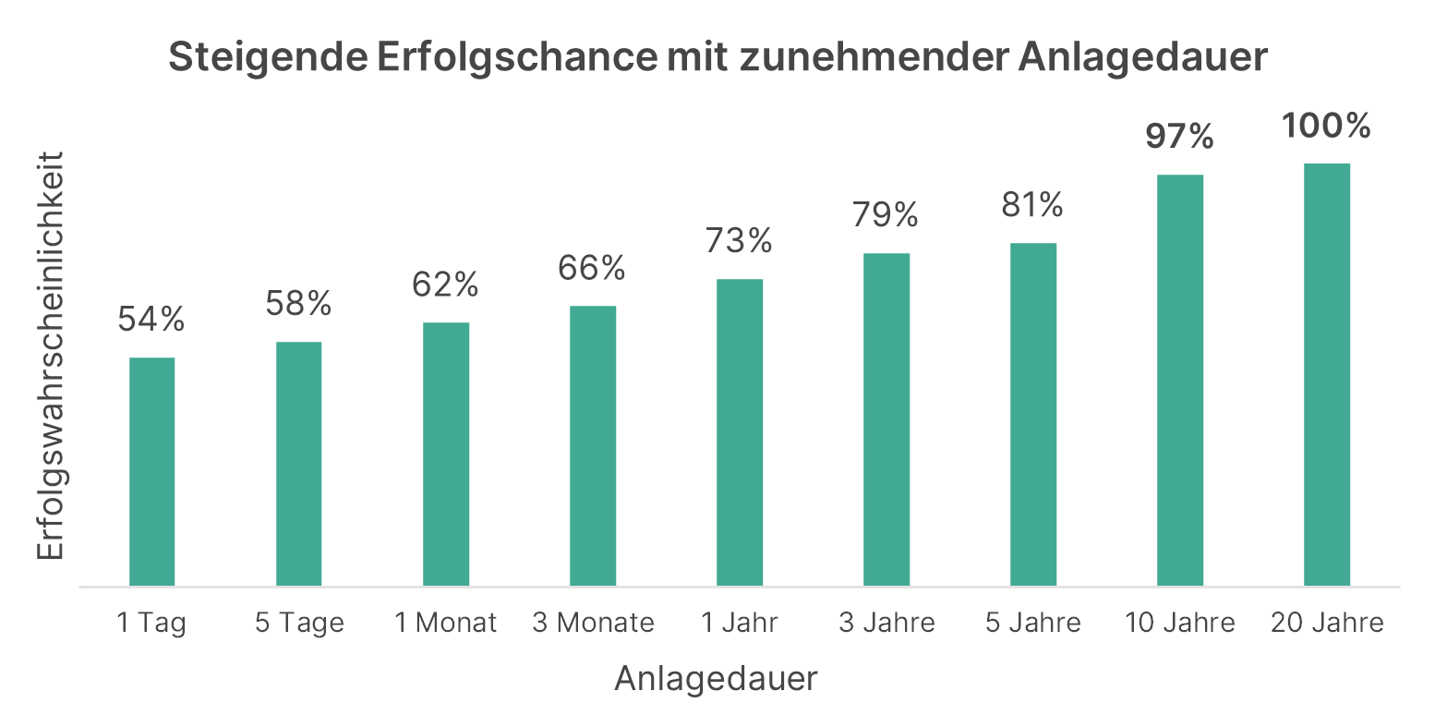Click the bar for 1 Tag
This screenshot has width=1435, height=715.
[152, 471]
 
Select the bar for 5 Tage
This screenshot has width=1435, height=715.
[299, 464]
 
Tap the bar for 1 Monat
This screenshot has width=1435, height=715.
[446, 454]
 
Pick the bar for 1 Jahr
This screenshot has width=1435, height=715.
[740, 432]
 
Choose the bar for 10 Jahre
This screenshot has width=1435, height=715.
[1180, 380]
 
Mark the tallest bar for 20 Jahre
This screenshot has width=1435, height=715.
[1327, 374]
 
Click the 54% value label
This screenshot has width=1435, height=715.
[152, 321]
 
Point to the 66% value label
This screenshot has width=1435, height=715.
[593, 269]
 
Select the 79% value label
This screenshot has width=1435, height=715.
[886, 216]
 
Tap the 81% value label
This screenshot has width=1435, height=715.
[1033, 206]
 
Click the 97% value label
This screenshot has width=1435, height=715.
[1180, 138]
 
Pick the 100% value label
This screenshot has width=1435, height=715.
[1327, 127]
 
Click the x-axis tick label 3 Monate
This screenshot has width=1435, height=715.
[593, 623]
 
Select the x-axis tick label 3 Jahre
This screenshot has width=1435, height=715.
[886, 623]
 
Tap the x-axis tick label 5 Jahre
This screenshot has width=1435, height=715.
[1033, 623]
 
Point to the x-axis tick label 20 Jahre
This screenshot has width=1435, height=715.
[1327, 623]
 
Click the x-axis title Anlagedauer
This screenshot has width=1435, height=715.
[717, 679]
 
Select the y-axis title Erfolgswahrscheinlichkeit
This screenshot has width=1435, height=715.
[52, 355]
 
